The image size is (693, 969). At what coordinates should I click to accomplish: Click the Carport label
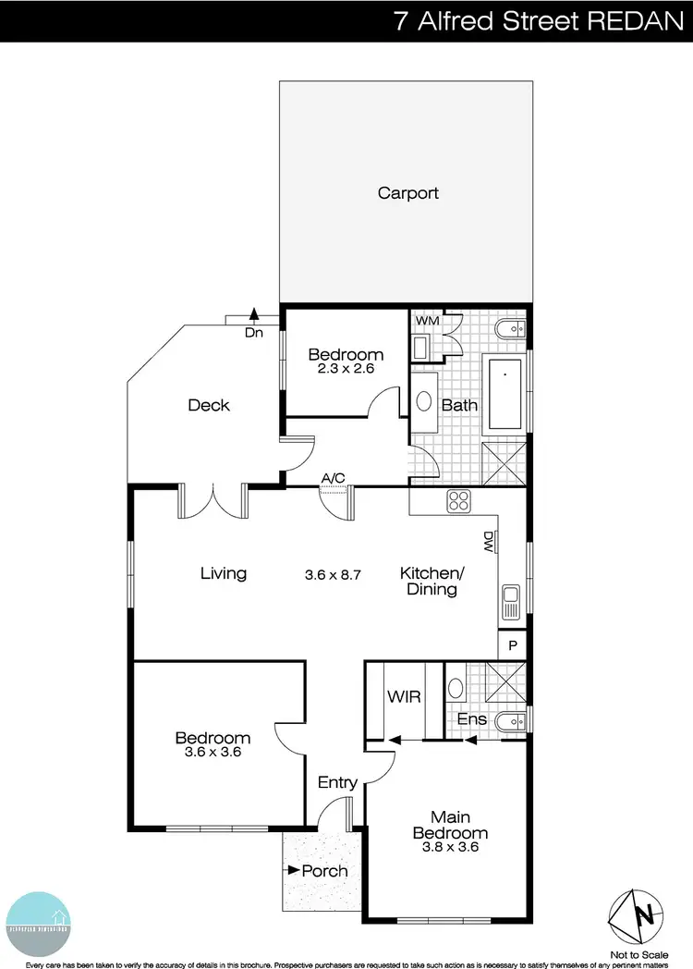coord(407,193)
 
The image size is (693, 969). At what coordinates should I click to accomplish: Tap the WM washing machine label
coord(426,321)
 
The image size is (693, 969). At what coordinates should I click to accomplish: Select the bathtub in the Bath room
coord(505,396)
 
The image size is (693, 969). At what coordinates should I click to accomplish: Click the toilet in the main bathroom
coord(512,326)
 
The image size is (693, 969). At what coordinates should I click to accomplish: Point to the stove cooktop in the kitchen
coord(459,502)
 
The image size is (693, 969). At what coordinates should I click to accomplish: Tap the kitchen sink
coord(510,602)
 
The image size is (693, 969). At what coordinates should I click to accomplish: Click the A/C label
coord(333,478)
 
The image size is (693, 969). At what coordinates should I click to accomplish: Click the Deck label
coord(208,405)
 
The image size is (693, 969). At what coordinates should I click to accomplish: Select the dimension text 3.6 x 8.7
coord(332,574)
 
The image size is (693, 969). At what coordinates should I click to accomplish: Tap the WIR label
coord(405,696)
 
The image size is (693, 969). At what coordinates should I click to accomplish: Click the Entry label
coord(337,782)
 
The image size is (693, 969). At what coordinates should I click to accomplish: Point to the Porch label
coord(324,871)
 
